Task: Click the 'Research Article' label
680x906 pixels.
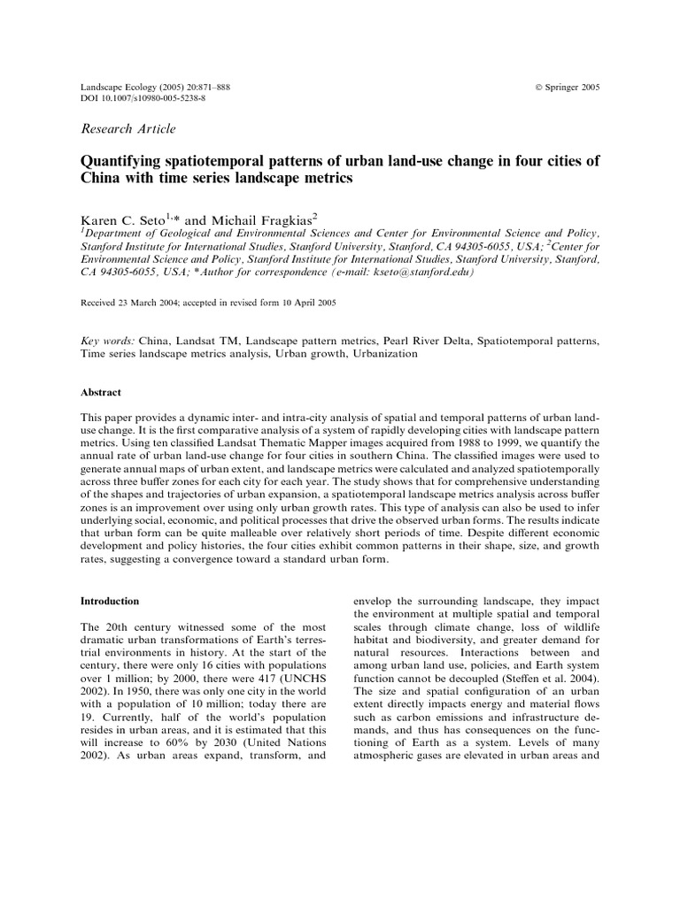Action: click(128, 129)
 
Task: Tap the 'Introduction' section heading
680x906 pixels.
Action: click(110, 601)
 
